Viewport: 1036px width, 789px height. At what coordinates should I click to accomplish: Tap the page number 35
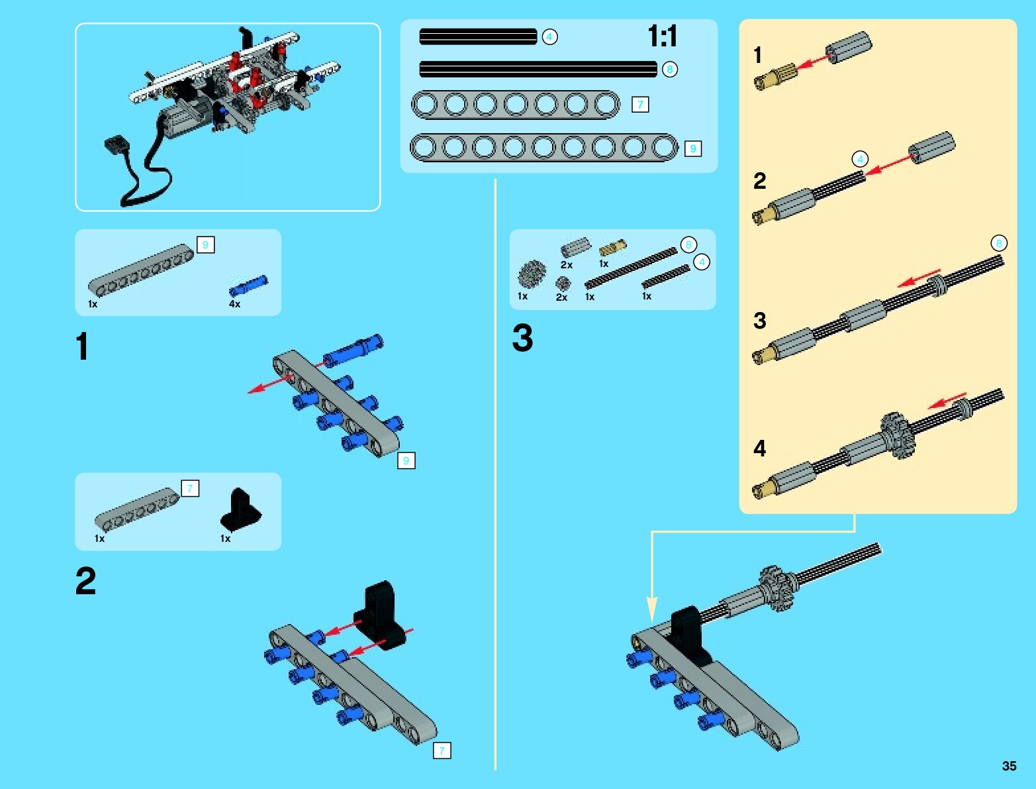1009,766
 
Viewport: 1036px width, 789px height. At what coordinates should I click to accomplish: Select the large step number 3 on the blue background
522,338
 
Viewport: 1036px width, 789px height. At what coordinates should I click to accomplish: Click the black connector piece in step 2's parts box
241,509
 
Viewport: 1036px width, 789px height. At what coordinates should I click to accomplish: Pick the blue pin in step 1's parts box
248,286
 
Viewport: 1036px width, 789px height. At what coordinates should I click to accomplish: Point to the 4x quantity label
234,304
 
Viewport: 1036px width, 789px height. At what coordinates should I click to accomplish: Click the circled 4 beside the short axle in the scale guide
549,37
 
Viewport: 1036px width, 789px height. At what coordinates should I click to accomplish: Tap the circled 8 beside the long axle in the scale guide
669,70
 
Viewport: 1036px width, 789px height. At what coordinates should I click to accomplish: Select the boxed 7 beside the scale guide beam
640,105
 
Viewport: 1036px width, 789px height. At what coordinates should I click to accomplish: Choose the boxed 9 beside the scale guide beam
693,149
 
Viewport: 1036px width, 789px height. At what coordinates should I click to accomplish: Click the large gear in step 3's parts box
532,274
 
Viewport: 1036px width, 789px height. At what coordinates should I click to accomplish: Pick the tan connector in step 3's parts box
612,247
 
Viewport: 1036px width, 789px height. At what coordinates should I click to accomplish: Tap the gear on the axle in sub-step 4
898,435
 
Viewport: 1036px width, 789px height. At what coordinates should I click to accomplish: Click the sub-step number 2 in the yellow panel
759,181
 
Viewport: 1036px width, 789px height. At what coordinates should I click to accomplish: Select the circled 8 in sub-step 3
999,243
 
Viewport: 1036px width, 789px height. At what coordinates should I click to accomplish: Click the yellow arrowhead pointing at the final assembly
652,609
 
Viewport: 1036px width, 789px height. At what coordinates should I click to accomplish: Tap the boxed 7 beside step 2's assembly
442,751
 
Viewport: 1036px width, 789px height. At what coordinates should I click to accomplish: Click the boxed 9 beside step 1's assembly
406,460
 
